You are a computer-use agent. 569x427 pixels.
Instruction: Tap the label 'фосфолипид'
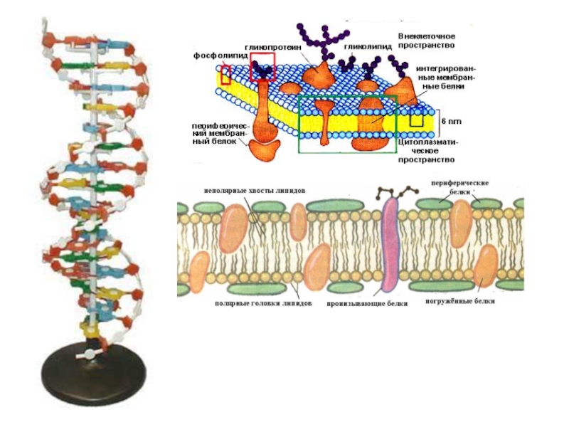click(215, 55)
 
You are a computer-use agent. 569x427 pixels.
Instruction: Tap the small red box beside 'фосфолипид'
click(225, 74)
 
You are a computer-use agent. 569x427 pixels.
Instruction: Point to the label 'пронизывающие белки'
click(368, 302)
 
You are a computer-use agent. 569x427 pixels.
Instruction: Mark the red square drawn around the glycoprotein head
click(262, 66)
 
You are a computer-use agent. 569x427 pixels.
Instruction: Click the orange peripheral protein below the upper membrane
click(265, 149)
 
